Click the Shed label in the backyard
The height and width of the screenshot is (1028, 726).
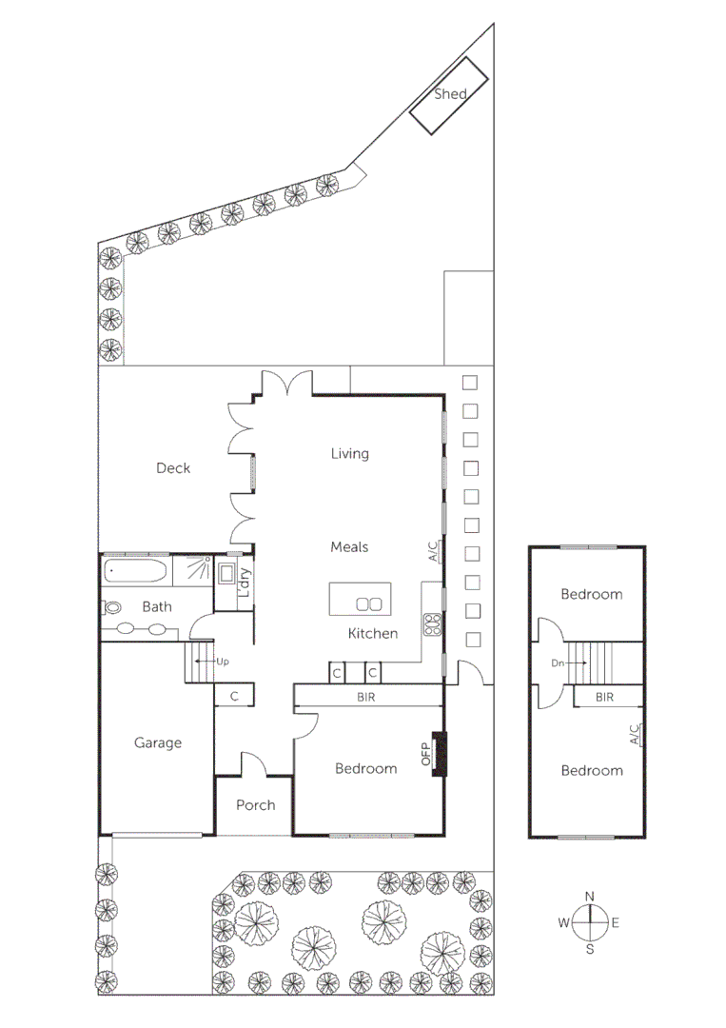click(450, 93)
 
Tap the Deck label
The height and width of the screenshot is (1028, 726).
click(173, 467)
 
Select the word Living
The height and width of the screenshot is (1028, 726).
click(349, 453)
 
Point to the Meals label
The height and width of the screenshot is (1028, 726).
click(349, 546)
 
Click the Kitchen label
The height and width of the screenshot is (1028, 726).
click(372, 633)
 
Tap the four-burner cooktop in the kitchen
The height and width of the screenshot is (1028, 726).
click(434, 624)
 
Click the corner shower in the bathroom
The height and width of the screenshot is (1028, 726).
click(197, 570)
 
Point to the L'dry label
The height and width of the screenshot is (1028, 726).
click(245, 582)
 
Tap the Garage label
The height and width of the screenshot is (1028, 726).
click(157, 742)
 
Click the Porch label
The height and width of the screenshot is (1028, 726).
click(255, 804)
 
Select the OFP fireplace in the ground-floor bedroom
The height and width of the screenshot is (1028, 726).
click(438, 754)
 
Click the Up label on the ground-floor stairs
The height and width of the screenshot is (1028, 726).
click(223, 661)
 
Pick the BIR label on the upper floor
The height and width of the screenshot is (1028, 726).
click(604, 697)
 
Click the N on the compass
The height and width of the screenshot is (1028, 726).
click(589, 896)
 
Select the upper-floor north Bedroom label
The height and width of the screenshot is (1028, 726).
click(591, 594)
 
